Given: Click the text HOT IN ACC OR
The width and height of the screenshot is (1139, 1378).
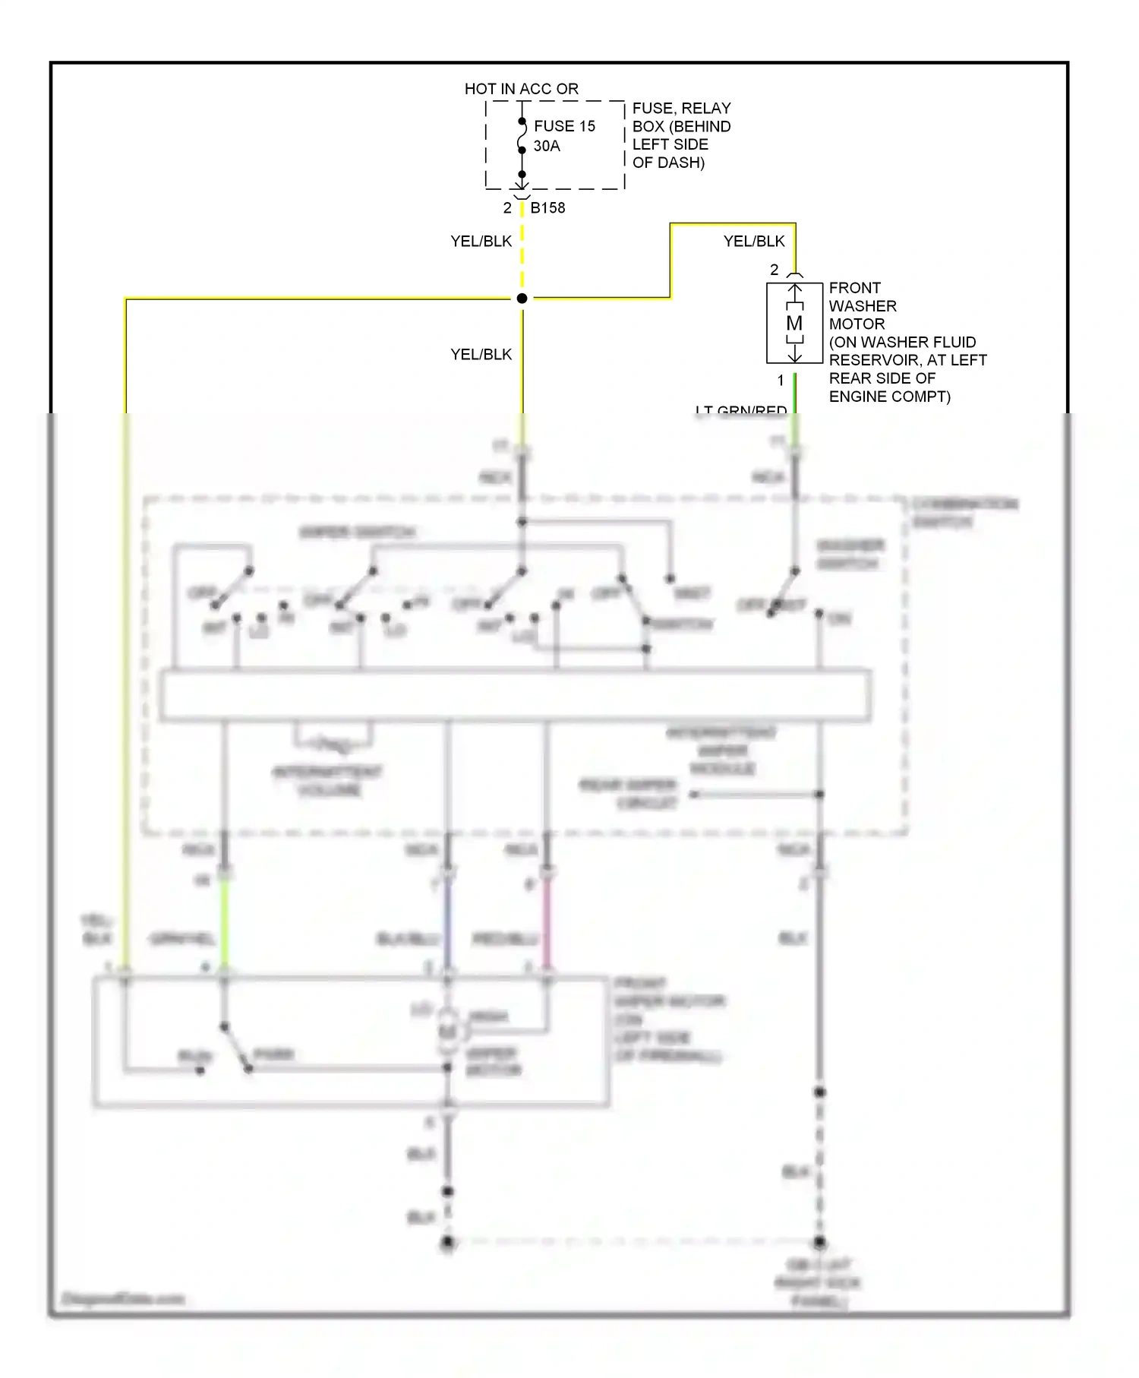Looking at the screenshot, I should pyautogui.click(x=521, y=89).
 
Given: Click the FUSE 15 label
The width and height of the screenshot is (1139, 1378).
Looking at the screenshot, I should pyautogui.click(x=564, y=126).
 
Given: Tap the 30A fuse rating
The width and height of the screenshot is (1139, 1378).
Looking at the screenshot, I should pyautogui.click(x=546, y=146).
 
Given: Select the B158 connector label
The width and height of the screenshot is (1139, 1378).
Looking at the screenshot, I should pyautogui.click(x=547, y=207).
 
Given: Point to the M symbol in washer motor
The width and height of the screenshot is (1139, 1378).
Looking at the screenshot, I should pyautogui.click(x=794, y=324).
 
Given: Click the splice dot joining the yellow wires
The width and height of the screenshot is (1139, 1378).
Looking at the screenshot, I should pyautogui.click(x=522, y=299).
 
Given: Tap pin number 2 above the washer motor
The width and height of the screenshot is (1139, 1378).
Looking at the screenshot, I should pyautogui.click(x=774, y=270).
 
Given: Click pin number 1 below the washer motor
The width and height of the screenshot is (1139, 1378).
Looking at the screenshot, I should pyautogui.click(x=780, y=380).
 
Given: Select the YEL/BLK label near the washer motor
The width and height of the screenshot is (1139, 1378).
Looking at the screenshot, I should pyautogui.click(x=753, y=242).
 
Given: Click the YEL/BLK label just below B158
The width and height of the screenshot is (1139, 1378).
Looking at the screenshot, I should pyautogui.click(x=481, y=242).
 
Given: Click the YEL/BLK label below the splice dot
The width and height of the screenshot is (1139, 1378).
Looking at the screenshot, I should pyautogui.click(x=481, y=355).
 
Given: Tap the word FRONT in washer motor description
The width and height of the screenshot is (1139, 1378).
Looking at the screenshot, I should pyautogui.click(x=854, y=288).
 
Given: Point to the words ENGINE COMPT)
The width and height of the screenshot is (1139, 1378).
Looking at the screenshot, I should pyautogui.click(x=889, y=397).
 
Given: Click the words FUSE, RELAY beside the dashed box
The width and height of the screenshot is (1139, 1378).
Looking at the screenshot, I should pyautogui.click(x=681, y=108).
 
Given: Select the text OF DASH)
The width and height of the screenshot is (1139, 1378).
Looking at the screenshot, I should pyautogui.click(x=668, y=163).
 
